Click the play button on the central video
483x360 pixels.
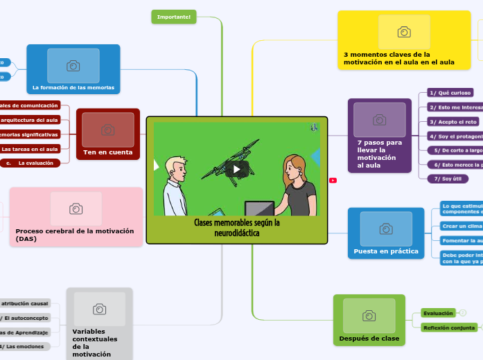(237, 168)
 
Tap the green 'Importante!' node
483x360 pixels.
(174, 17)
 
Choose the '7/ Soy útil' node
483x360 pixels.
(448, 179)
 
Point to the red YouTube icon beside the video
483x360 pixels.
(333, 180)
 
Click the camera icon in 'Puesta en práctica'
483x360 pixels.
(386, 228)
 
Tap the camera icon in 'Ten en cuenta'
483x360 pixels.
(108, 130)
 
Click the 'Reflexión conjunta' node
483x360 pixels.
(449, 327)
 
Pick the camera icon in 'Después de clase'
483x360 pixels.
(369, 316)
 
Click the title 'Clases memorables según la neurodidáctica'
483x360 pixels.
(237, 228)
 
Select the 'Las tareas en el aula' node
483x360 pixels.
(30, 149)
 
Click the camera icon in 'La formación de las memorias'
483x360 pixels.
(73, 66)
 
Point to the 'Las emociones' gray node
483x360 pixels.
(24, 346)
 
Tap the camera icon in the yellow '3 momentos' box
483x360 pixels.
(404, 32)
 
